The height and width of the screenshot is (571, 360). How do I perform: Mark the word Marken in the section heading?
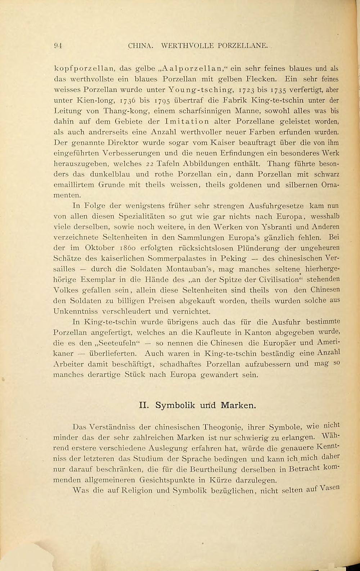tap(238, 405)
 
